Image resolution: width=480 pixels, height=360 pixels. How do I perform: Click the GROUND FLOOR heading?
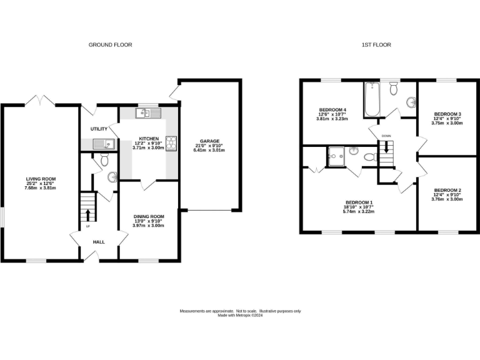(110, 44)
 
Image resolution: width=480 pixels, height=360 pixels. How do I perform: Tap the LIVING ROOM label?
(40, 177)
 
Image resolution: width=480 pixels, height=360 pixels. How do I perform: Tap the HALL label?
(99, 242)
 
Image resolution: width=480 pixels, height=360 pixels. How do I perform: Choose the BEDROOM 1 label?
(359, 202)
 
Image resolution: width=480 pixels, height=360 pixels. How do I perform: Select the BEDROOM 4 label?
(332, 110)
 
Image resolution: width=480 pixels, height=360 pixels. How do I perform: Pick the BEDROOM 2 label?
(447, 190)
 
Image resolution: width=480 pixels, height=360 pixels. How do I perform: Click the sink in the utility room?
(103, 144)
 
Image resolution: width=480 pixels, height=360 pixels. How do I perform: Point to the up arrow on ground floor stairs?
(87, 216)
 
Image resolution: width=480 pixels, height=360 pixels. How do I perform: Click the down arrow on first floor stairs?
(386, 148)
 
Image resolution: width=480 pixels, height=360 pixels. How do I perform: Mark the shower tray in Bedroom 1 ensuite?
(336, 154)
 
